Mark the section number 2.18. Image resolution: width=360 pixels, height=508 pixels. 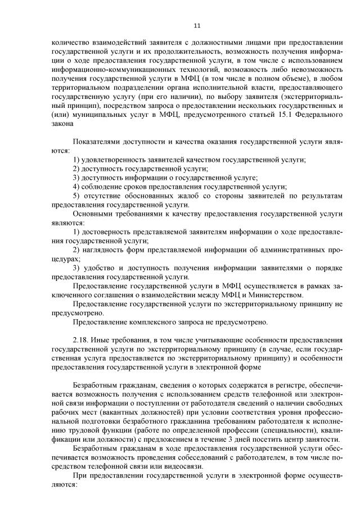coord(82,341)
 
